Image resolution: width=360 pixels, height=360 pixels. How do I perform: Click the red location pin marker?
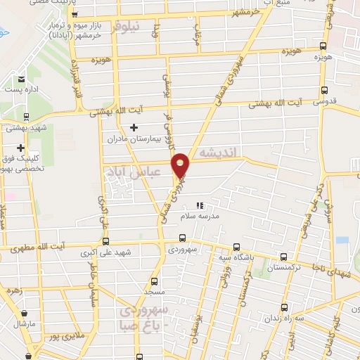pyautogui.click(x=181, y=166)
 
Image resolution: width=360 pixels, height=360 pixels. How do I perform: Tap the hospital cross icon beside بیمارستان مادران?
pyautogui.click(x=134, y=128)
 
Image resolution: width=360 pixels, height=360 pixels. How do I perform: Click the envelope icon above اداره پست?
pyautogui.click(x=21, y=79)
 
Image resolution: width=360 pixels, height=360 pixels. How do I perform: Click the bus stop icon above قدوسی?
pyautogui.click(x=323, y=90)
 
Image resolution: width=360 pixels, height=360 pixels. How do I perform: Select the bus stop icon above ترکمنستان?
pyautogui.click(x=283, y=257)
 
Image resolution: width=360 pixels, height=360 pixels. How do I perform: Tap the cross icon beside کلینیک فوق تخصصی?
pyautogui.click(x=21, y=148)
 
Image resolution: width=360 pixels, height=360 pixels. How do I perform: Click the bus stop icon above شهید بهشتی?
pyautogui.click(x=26, y=117)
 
